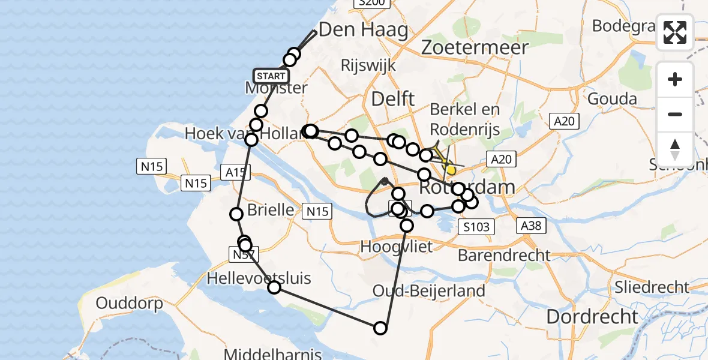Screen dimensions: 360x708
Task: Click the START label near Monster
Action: tap(271, 76)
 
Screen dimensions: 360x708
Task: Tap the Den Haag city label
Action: tap(363, 29)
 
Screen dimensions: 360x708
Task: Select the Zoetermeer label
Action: tap(475, 47)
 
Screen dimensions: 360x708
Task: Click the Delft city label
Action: tap(393, 98)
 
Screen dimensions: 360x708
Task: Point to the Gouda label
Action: tap(611, 98)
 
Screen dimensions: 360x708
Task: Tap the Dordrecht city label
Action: tap(593, 316)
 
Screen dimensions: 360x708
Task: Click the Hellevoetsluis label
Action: tap(259, 278)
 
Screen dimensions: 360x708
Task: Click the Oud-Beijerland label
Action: tap(429, 292)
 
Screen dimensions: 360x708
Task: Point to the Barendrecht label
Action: tap(504, 255)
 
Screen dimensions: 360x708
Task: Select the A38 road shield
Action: tap(530, 226)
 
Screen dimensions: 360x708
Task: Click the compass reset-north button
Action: tap(675, 148)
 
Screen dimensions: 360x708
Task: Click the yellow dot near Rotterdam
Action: tap(451, 170)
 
